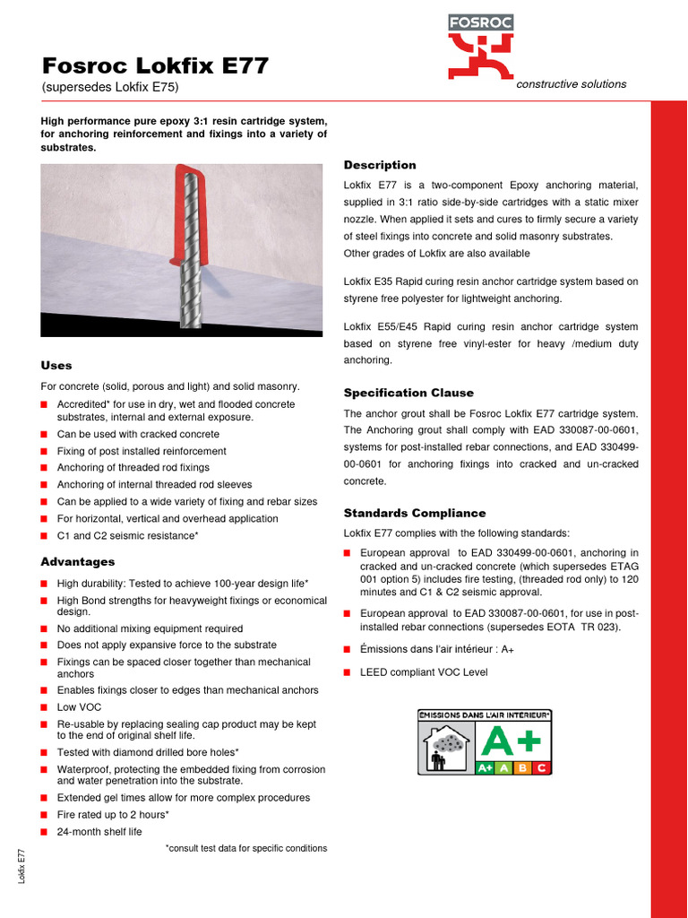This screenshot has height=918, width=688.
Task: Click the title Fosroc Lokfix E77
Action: coord(156,65)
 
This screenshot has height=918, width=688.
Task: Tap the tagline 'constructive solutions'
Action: coord(572,84)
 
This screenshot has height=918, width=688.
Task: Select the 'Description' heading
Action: coord(380,165)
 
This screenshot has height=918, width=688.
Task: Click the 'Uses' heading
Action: coord(56,366)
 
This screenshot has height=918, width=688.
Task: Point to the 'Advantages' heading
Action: coord(78,562)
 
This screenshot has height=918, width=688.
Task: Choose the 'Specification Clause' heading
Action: coord(408,393)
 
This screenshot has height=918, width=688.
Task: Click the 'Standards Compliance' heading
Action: coord(415,513)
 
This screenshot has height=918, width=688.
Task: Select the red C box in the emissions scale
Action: coord(540,768)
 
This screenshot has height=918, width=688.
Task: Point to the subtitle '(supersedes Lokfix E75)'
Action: coord(110,87)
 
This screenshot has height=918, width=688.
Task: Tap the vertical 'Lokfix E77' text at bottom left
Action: coord(21,867)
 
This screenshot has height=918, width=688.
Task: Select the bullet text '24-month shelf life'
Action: coord(99,832)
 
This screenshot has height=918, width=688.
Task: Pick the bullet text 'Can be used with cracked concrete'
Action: coord(138,434)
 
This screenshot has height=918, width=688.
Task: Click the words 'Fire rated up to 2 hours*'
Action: coord(113,815)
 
